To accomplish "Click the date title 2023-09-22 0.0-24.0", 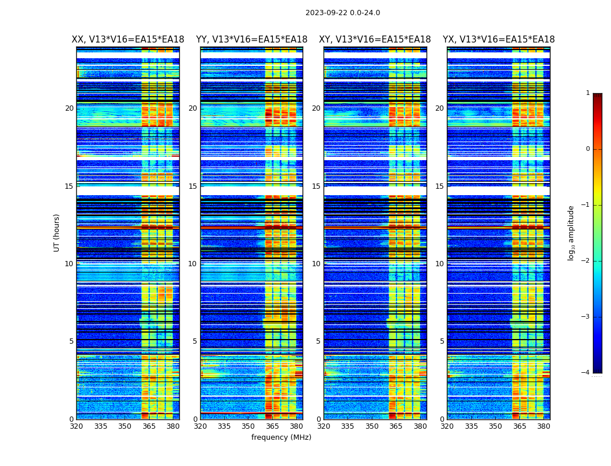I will pos(343,13).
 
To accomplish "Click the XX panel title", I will pos(128,40).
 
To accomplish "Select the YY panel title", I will pos(251,40).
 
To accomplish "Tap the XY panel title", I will pos(375,40).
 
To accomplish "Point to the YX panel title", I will pos(499,40).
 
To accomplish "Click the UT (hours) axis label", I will pos(57,232).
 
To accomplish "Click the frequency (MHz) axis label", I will pos(281,437).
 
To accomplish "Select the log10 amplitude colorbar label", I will pos(571,232).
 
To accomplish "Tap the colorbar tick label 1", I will pos(588,93).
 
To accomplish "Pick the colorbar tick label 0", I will pos(588,149).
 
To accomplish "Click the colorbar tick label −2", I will pos(586,261).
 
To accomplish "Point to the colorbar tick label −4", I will pos(586,373).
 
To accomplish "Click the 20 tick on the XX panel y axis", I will pos(69,108).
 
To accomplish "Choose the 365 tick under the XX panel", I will pos(149,426).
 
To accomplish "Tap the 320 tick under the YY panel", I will pos(200,426).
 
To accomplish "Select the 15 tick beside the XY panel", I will pos(316,186).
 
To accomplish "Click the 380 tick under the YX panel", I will pos(543,426).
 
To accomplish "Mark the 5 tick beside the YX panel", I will pos(442,341).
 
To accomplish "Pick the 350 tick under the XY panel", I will pos(372,426).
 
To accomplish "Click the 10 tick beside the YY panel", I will pos(193,264).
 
